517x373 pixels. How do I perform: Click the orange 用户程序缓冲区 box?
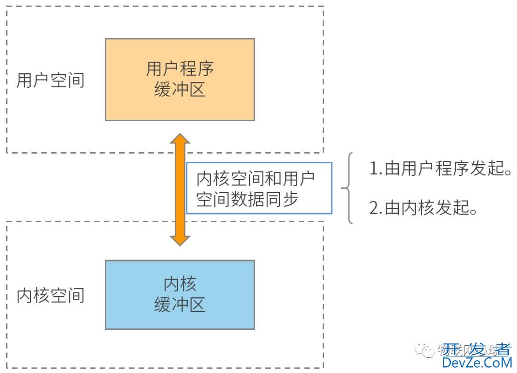tap(180, 79)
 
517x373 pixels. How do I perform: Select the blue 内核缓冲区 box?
tap(180, 294)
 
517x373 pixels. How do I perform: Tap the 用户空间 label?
tap(50, 80)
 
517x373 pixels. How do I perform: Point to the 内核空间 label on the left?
tap(50, 295)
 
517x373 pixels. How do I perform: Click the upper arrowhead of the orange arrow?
tap(180, 140)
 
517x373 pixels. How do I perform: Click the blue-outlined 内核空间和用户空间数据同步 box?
tap(258, 188)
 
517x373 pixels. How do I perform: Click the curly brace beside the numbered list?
tap(348, 188)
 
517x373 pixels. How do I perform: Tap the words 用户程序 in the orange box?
tap(180, 68)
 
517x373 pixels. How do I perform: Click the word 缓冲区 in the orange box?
tap(180, 90)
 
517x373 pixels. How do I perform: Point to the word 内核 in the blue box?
tap(180, 284)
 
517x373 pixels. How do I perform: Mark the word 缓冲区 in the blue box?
tap(180, 305)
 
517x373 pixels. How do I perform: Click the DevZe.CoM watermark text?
tap(477, 362)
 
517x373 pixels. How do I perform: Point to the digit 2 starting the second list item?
tap(374, 208)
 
